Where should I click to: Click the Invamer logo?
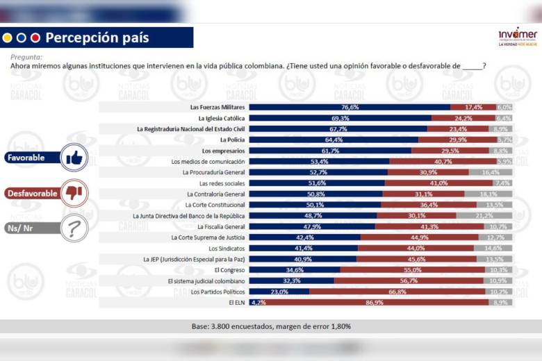(x=518, y=36)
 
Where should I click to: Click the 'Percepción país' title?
(x=97, y=37)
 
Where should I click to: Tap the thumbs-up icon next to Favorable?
(x=74, y=158)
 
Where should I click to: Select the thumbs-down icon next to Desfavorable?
(x=74, y=193)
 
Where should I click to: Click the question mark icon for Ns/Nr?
(x=74, y=228)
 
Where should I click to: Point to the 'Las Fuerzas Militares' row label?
(x=217, y=108)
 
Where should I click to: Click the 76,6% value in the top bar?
(x=350, y=108)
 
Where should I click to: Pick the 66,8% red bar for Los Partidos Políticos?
(x=397, y=292)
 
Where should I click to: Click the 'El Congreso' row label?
(x=229, y=270)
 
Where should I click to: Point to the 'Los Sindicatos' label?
(x=227, y=248)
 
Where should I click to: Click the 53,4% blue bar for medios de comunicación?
(x=318, y=162)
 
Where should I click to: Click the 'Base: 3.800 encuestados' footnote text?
(x=271, y=326)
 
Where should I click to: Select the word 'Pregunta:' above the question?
(x=26, y=58)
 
